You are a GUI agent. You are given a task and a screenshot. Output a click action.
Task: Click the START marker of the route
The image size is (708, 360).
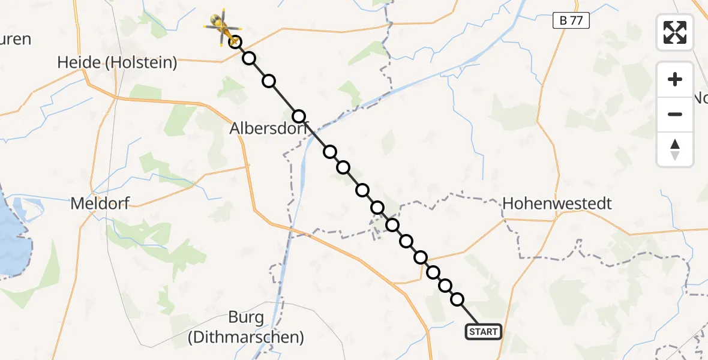pyautogui.click(x=483, y=332)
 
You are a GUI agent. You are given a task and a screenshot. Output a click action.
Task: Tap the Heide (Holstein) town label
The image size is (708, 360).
pyautogui.click(x=117, y=62)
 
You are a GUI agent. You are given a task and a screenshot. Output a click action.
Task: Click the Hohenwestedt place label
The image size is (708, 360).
pyautogui.click(x=557, y=203)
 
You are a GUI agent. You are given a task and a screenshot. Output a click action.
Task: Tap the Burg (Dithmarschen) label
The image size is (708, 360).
pyautogui.click(x=245, y=327)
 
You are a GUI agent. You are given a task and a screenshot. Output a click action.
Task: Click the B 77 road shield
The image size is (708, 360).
pyautogui.click(x=571, y=21)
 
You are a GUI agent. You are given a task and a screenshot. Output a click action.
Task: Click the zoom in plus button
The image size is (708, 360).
pyautogui.click(x=675, y=79)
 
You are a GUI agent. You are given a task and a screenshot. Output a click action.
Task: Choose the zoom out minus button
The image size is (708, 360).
pyautogui.click(x=675, y=114)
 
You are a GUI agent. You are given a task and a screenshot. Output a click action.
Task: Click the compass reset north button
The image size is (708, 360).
pyautogui.click(x=675, y=149)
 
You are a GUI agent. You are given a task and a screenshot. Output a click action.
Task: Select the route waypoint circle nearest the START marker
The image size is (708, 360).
pyautogui.click(x=457, y=299)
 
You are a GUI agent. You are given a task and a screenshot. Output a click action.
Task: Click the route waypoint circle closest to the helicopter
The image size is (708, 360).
pyautogui.click(x=236, y=42)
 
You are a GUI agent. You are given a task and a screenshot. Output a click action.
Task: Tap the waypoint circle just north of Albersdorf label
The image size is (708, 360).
pyautogui.click(x=299, y=116)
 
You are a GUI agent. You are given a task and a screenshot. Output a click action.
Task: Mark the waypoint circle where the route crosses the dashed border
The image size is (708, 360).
pyautogui.click(x=392, y=225)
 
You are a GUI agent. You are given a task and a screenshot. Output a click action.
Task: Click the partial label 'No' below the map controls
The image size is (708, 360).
pyautogui.click(x=700, y=98)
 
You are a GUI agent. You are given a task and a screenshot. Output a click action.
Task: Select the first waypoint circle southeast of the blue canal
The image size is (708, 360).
pyautogui.click(x=330, y=151)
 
